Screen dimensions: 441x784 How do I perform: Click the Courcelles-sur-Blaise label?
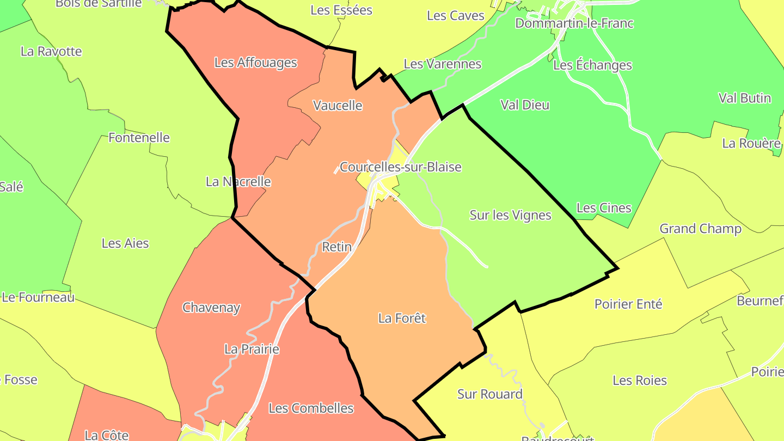[x=400, y=167]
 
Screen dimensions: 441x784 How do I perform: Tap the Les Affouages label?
[x=255, y=63]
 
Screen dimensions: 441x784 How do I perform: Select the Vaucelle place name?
[x=338, y=105]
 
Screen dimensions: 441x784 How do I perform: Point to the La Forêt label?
[x=402, y=318]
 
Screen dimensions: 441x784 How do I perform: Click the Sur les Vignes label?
[x=510, y=216]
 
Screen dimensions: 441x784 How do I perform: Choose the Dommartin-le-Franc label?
[x=574, y=23]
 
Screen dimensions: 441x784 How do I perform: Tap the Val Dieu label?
[x=525, y=105]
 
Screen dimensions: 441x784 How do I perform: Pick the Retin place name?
[x=336, y=247]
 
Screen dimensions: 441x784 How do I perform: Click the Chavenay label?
[x=211, y=308]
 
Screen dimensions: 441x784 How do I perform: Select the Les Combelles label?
[x=311, y=408]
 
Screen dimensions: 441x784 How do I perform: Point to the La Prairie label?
[x=252, y=350]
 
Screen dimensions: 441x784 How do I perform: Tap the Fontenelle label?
[x=139, y=138]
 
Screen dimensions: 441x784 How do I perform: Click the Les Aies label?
[x=125, y=243]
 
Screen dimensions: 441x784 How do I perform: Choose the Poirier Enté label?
[x=628, y=304]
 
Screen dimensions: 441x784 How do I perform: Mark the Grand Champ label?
[x=700, y=229]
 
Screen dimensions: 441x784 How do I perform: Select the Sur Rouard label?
[x=489, y=394]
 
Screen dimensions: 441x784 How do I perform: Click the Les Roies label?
[x=639, y=381]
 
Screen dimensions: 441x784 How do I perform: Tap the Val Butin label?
[x=744, y=98]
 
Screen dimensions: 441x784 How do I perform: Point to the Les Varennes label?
[x=442, y=64]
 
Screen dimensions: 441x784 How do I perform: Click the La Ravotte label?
[x=51, y=52]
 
